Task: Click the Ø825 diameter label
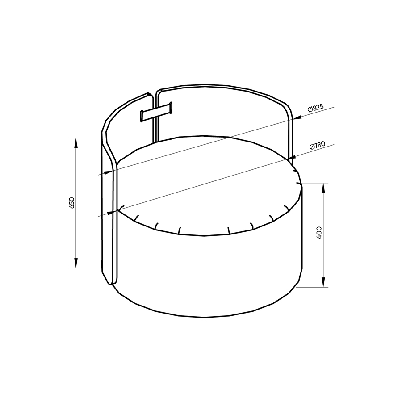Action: [316, 108]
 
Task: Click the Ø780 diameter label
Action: [318, 145]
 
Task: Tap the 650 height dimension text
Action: [71, 202]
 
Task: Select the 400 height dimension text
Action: [319, 233]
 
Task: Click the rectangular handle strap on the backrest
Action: [156, 112]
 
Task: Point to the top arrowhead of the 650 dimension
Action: [76, 144]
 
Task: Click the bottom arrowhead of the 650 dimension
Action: [76, 263]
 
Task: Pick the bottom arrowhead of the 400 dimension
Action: [323, 282]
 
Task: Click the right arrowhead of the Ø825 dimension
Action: [298, 117]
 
